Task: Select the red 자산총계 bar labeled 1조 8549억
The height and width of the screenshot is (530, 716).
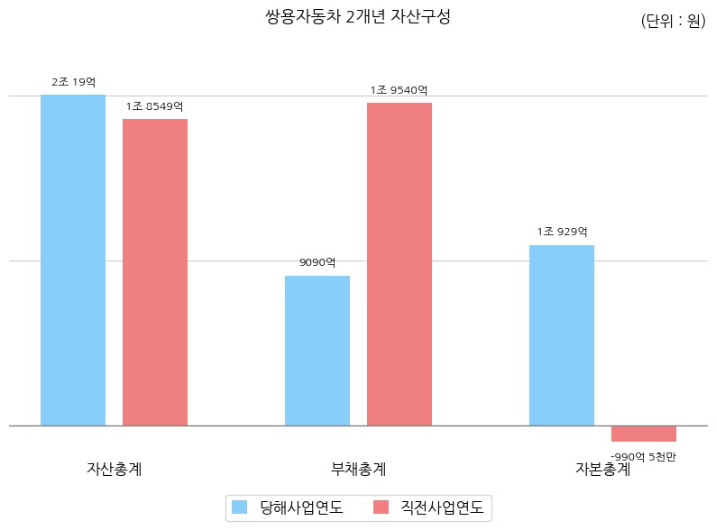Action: [155, 271]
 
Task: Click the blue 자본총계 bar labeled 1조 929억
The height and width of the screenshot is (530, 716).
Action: [562, 334]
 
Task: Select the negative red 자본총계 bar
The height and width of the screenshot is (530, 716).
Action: [644, 434]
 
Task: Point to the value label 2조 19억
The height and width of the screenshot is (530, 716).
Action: [73, 82]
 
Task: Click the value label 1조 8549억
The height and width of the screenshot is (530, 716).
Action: [155, 106]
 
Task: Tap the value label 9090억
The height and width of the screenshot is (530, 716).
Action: [317, 263]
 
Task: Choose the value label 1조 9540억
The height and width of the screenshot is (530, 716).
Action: [399, 90]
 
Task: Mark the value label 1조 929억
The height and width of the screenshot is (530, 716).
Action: [562, 232]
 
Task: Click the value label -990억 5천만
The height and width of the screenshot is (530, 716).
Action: [644, 457]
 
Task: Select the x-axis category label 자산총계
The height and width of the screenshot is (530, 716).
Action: [114, 469]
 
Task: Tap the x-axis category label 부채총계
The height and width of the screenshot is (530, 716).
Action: [359, 469]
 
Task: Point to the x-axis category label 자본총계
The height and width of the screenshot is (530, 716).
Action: [603, 469]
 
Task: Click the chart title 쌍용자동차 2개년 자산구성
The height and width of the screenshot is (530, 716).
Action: [358, 16]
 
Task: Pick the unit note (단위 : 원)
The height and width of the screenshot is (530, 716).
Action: [673, 22]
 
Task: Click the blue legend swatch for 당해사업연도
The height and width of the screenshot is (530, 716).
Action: [239, 507]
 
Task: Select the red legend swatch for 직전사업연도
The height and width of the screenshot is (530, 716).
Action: [381, 507]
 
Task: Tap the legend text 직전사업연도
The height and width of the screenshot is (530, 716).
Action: [442, 507]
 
